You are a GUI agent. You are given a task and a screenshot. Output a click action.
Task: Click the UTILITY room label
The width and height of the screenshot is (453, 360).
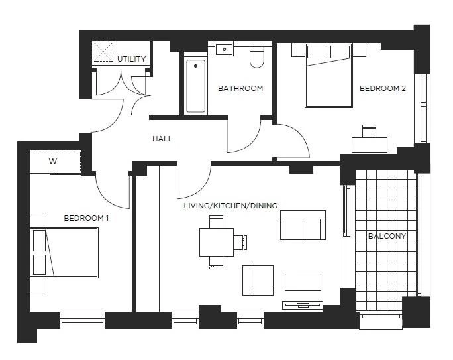click(131, 59)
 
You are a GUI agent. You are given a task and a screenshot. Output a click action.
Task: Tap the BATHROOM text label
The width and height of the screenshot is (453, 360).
click(240, 88)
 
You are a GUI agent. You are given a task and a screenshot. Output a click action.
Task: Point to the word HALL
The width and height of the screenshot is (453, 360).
click(162, 139)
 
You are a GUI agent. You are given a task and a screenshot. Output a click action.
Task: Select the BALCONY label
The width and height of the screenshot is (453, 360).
click(387, 236)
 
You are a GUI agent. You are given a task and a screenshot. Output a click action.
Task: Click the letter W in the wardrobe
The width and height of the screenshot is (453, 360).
click(52, 161)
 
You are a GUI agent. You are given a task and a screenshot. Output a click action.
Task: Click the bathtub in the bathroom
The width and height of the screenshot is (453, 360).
click(195, 86)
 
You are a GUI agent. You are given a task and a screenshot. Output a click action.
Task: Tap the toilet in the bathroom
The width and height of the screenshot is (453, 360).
click(257, 57)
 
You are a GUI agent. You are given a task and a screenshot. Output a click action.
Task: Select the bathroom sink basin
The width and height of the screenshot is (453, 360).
click(225, 49)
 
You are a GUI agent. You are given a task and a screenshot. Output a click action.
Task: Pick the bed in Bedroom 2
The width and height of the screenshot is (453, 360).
click(328, 76)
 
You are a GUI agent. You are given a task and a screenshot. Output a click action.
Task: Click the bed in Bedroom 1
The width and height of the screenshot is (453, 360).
click(66, 253)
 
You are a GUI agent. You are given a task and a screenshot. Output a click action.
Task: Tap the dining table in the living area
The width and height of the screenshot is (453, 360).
click(217, 242)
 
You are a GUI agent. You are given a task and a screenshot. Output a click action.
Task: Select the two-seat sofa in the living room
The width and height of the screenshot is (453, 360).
click(303, 225)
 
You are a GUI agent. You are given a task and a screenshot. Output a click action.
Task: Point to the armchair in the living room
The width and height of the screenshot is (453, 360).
click(258, 280)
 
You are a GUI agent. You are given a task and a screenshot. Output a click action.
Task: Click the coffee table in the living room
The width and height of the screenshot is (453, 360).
click(303, 282)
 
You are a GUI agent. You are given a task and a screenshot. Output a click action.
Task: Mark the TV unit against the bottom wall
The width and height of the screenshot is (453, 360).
click(303, 305)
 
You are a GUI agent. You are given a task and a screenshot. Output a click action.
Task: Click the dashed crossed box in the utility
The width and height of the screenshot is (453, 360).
click(103, 52)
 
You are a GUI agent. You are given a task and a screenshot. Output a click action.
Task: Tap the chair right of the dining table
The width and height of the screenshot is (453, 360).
click(240, 242)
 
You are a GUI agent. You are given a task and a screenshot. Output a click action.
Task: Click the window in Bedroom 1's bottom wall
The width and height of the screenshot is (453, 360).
click(82, 320)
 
